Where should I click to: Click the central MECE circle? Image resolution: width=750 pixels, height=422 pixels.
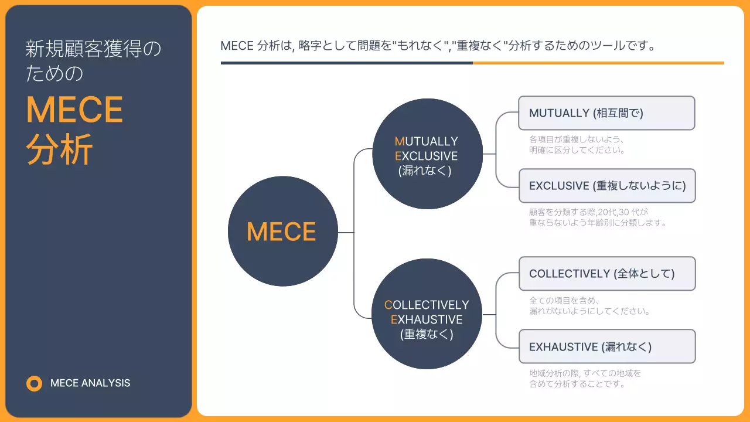point(282,232)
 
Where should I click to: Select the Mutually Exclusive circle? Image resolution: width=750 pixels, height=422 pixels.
point(427,154)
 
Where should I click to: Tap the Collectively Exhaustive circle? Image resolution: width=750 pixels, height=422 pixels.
point(427,314)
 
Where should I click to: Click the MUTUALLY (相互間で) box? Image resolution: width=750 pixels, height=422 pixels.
point(606,113)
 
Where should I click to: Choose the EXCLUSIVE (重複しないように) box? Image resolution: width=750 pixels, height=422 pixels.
point(606,186)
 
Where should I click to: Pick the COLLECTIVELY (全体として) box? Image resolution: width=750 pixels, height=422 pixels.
point(606,274)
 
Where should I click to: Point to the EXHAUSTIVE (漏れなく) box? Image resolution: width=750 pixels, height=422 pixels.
point(606,346)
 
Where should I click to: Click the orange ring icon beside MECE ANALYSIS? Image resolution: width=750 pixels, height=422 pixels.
point(35,383)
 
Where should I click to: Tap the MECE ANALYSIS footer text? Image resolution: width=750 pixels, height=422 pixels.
point(90,383)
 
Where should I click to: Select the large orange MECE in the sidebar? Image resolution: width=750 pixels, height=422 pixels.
point(74,110)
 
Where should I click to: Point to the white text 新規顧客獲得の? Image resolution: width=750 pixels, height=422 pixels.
point(93,49)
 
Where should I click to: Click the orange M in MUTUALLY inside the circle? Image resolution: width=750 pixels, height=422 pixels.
point(400,141)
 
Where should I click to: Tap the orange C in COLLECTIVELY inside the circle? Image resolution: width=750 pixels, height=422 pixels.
point(388,305)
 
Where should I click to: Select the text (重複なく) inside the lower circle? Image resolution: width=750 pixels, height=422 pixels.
point(427,335)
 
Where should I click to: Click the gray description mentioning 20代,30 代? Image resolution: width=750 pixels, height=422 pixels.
point(598,217)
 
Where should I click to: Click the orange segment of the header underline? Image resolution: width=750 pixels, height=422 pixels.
point(598,63)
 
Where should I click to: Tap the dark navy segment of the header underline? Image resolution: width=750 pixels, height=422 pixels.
point(346,63)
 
